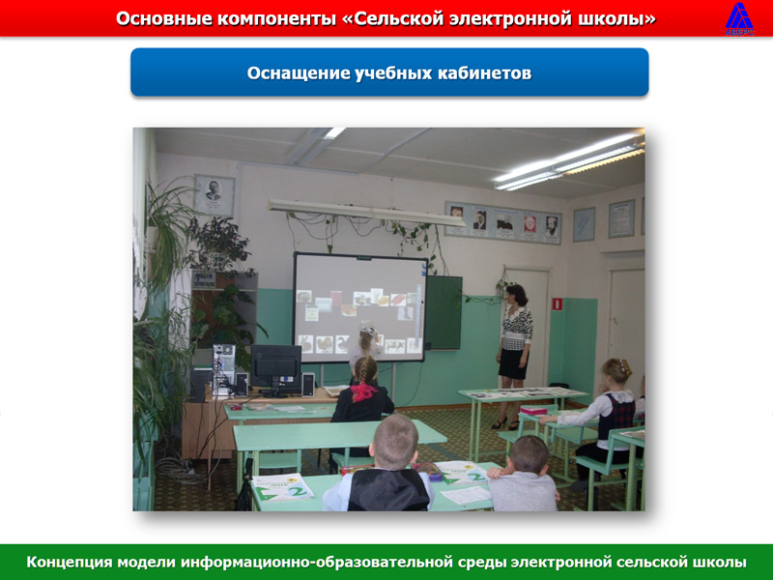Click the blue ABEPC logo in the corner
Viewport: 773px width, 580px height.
click(x=739, y=18)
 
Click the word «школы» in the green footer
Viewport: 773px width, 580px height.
click(x=721, y=562)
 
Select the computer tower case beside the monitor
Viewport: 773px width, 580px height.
click(x=223, y=369)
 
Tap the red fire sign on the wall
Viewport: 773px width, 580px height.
click(x=558, y=304)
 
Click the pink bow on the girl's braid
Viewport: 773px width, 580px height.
click(x=364, y=391)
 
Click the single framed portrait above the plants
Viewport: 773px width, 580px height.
click(x=214, y=196)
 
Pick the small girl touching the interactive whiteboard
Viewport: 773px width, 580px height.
click(x=366, y=348)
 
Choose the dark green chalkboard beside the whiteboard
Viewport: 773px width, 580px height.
click(x=443, y=312)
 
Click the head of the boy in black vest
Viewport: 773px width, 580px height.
click(x=395, y=443)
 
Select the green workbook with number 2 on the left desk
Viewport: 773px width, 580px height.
click(x=282, y=487)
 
